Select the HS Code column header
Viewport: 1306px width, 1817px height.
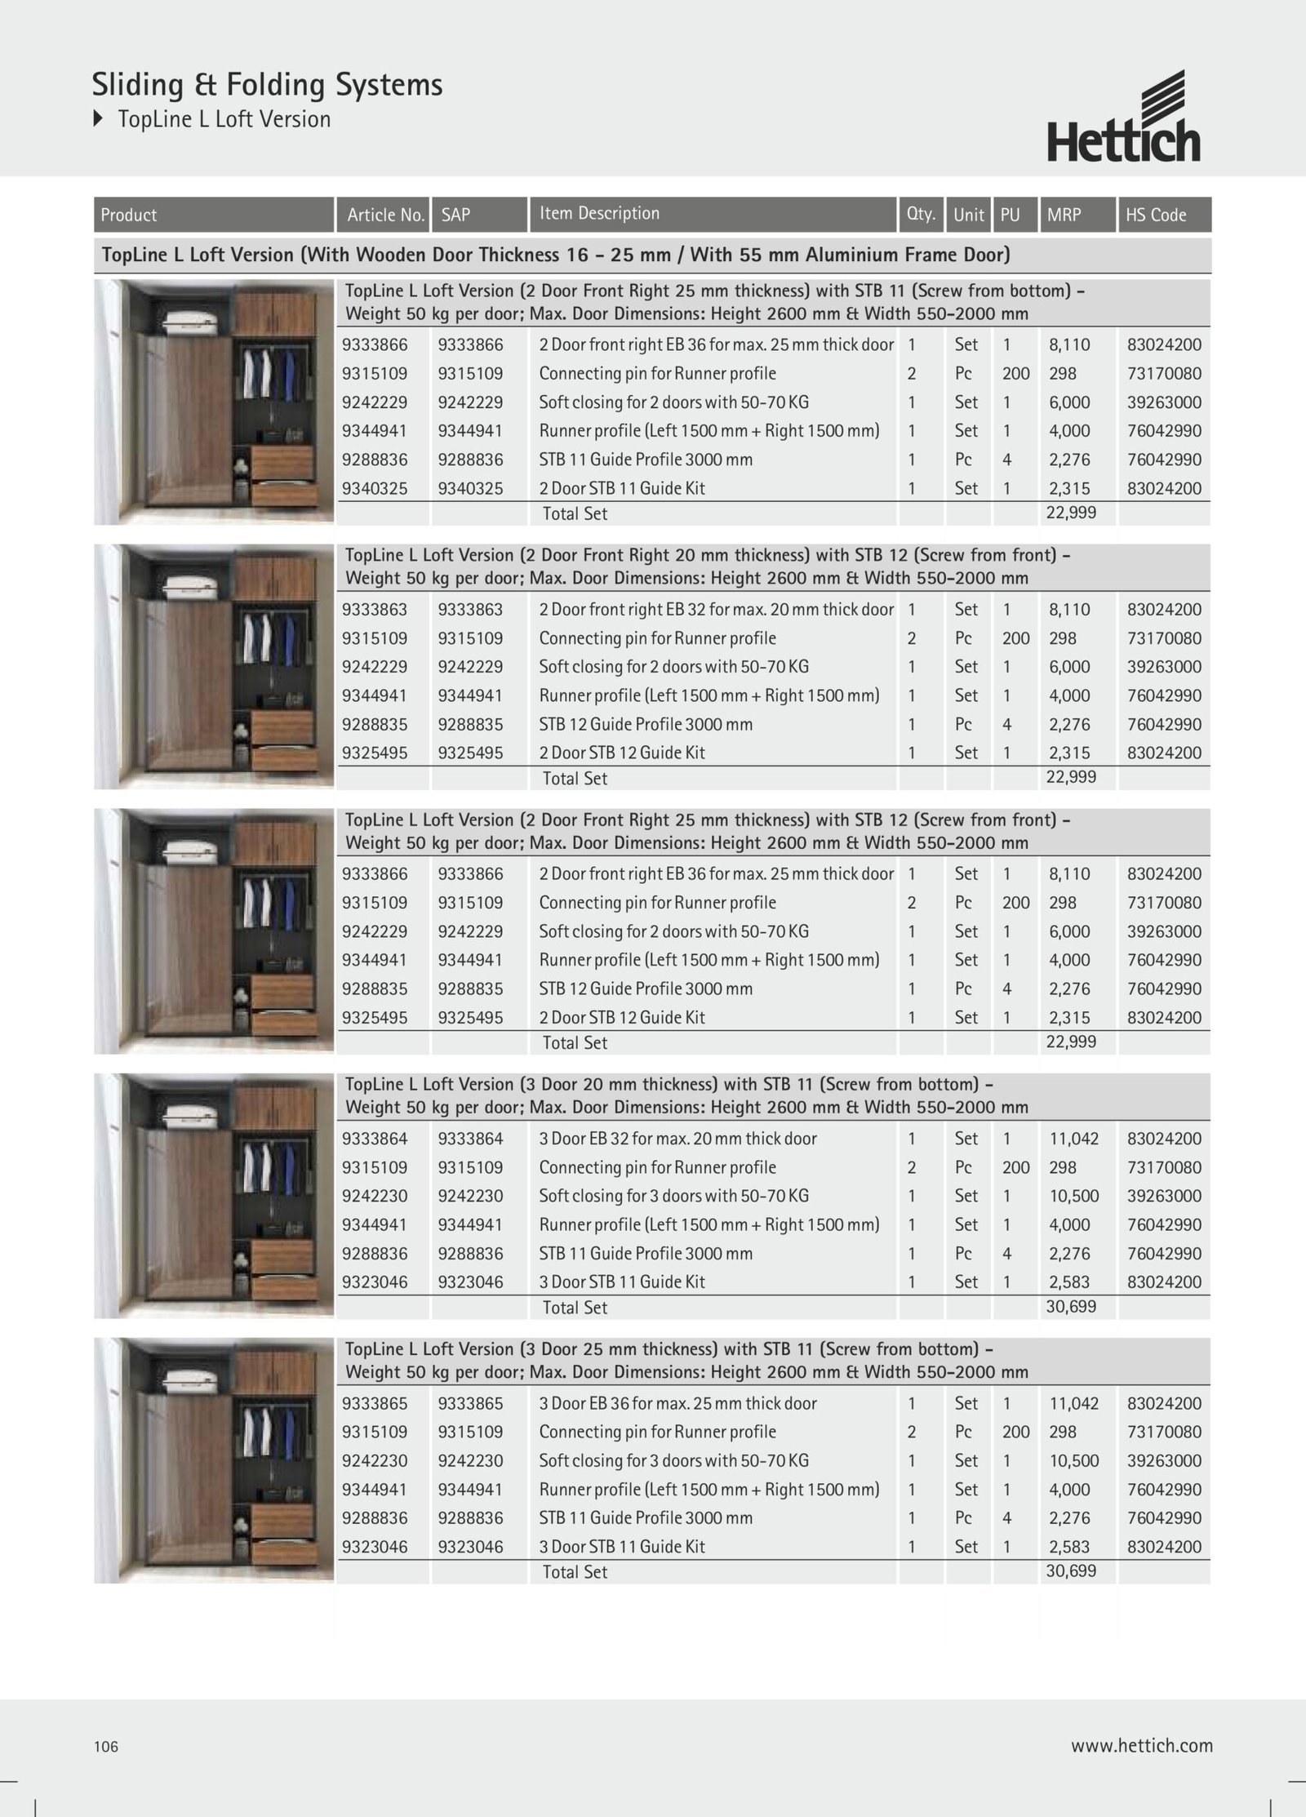click(x=1156, y=215)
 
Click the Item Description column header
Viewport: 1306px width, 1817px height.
click(x=599, y=214)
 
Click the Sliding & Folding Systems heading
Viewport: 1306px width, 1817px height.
click(x=267, y=85)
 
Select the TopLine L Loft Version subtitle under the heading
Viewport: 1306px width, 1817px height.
click(x=224, y=119)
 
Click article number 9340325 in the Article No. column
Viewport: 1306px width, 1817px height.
click(x=375, y=488)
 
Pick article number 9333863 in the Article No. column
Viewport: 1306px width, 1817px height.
click(x=375, y=610)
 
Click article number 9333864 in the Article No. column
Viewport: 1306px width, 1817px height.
click(x=375, y=1139)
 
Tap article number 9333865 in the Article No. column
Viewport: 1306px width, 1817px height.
click(x=375, y=1403)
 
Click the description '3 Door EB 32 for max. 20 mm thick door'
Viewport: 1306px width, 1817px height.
click(x=677, y=1139)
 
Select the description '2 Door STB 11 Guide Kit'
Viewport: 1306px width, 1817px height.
click(x=622, y=488)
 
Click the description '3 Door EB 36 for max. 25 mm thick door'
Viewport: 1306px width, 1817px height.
click(x=677, y=1403)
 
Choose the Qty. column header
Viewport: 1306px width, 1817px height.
click(x=921, y=214)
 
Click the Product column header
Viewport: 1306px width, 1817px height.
click(x=129, y=215)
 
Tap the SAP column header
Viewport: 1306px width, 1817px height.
click(x=455, y=215)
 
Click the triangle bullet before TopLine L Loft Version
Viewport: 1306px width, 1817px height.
click(x=99, y=119)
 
